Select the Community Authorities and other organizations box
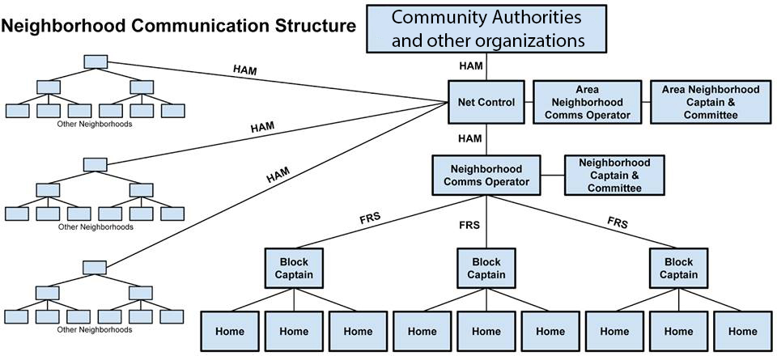point(487,28)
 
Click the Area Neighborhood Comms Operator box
point(587,103)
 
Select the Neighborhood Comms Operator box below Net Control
point(486,175)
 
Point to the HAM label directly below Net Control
point(469,138)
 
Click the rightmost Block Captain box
point(678,269)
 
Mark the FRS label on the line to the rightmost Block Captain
point(618,220)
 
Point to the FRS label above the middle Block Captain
point(469,222)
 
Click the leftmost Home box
point(229,331)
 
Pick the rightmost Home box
point(742,331)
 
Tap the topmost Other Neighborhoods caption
point(96,125)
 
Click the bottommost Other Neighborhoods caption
point(96,329)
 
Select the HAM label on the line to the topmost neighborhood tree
point(244,70)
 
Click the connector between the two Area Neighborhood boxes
point(645,103)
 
